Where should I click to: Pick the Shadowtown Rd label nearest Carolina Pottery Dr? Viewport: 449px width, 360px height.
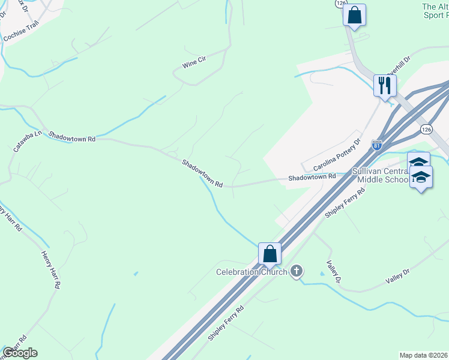(312, 177)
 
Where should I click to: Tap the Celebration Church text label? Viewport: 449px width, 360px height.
(252, 272)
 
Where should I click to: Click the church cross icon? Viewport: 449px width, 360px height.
(295, 272)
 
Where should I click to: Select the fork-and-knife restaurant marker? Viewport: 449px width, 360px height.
(384, 85)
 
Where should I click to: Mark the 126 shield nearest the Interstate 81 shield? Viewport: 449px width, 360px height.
(426, 129)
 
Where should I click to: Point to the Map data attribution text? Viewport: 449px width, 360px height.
(423, 355)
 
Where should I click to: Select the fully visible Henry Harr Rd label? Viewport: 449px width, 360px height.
(50, 270)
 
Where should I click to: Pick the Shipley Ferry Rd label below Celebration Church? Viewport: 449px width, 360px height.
(226, 323)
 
